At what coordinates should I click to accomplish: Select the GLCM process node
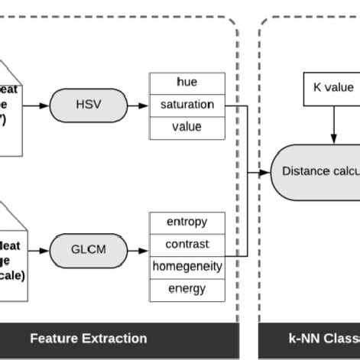point(88,250)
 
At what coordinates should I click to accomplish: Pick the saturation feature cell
point(187,105)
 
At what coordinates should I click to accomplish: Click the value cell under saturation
point(187,128)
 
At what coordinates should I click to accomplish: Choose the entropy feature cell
point(187,222)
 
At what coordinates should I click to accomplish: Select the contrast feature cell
point(187,245)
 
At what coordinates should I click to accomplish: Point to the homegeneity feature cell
point(187,267)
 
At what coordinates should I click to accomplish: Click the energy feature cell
point(187,290)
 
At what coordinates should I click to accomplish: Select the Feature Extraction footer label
point(88,338)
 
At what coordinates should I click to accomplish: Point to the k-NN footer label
point(321,338)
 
